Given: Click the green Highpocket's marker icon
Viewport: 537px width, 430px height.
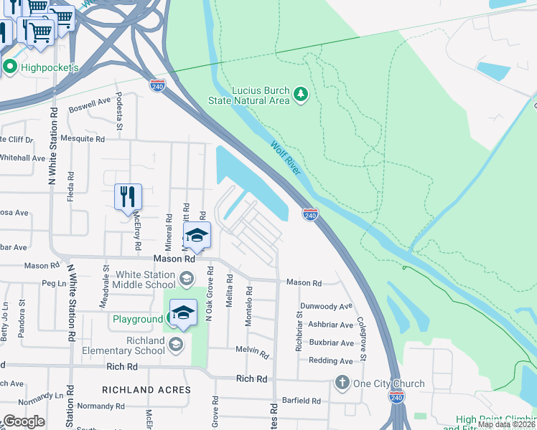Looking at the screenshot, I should click(10, 68).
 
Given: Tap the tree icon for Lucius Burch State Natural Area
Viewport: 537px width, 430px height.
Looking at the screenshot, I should click(301, 95).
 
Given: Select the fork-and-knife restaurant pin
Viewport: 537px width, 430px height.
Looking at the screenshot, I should click(129, 197).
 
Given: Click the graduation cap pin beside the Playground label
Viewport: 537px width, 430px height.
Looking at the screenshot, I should click(183, 313).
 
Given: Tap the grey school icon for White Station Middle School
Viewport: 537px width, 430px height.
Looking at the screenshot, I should click(186, 278).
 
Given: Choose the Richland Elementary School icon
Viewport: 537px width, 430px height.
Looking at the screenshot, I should click(175, 345).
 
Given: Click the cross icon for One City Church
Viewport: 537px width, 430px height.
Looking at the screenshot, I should click(342, 383).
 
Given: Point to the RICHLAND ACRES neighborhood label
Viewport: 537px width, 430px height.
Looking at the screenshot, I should click(146, 390).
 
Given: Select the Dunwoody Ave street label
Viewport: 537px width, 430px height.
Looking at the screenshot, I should click(327, 306).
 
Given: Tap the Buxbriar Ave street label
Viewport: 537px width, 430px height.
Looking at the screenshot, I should click(327, 343).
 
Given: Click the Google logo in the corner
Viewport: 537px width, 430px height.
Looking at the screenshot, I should click(24, 421).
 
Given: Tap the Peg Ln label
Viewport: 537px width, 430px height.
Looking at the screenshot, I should click(54, 284).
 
